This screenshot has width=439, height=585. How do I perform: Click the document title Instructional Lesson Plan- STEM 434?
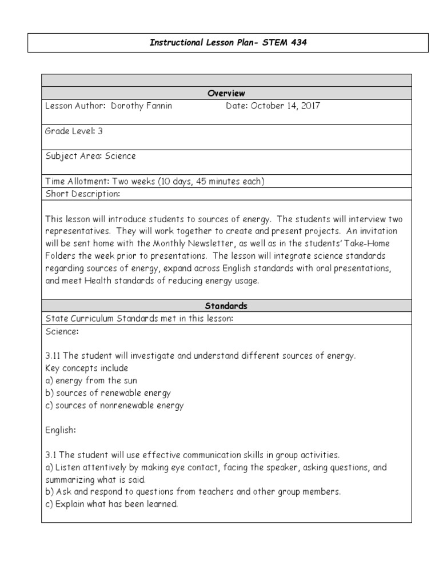228,43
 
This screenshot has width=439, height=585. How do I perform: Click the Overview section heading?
227,93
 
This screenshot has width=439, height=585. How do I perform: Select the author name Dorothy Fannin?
141,106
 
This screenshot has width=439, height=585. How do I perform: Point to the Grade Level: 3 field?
74,131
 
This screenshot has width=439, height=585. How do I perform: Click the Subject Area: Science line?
90,156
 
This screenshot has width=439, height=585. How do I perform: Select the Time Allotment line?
154,182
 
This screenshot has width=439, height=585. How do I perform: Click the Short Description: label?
82,194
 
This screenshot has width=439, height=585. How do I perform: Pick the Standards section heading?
227,306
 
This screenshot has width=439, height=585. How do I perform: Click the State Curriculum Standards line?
139,318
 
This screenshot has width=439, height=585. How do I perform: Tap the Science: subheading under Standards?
62,331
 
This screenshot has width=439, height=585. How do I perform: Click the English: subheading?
61,430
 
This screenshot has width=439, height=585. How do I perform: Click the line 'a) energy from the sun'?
91,380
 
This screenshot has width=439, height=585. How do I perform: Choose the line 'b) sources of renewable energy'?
107,393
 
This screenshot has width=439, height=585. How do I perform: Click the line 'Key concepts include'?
86,368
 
